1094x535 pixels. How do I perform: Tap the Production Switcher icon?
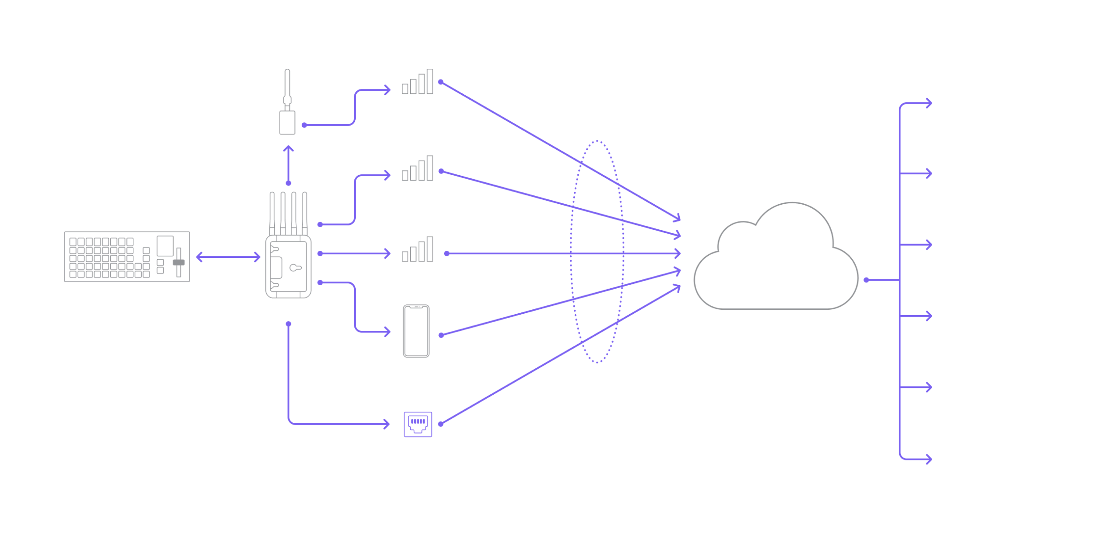(127, 257)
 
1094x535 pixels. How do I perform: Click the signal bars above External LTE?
(418, 82)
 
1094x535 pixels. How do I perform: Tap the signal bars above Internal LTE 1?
(418, 169)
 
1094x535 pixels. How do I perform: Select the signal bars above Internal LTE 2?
(418, 249)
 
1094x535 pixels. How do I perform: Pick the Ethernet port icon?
(418, 424)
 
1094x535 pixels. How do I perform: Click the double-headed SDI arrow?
(228, 257)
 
